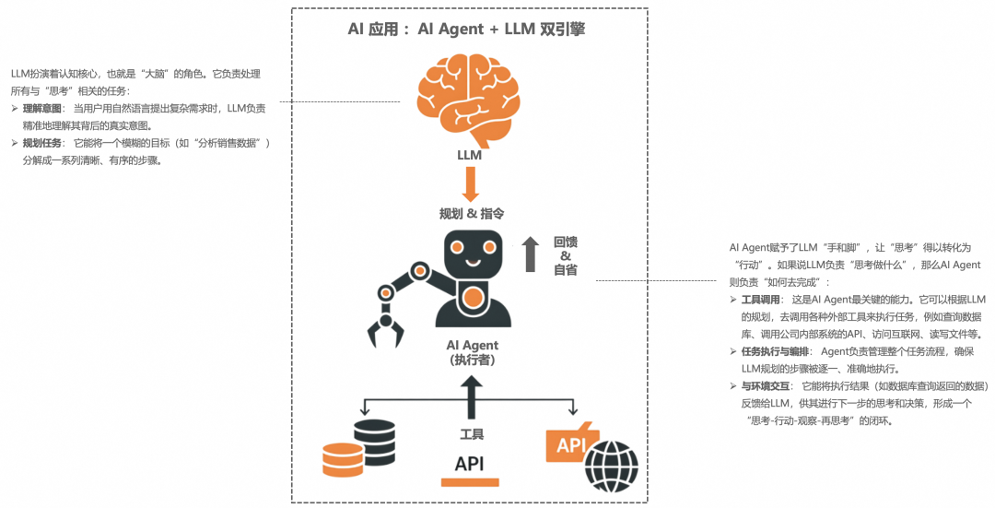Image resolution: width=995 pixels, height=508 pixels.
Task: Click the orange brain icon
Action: point(469,96)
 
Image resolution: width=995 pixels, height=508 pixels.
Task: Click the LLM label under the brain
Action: point(469,155)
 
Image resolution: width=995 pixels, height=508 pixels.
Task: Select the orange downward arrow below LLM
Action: point(470,183)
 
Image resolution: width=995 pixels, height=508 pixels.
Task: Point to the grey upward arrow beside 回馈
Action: point(531,254)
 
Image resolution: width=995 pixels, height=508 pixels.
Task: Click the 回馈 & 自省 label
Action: point(566,255)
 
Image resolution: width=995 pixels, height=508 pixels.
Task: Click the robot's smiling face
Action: point(474,254)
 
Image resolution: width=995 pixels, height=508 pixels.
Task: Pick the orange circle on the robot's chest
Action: point(474,298)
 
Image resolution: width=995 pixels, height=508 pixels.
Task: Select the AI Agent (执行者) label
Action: point(472,352)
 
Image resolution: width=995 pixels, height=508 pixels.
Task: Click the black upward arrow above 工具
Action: point(472,396)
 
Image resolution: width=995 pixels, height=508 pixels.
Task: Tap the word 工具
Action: point(472,434)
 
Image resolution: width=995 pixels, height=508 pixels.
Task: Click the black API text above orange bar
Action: point(470,464)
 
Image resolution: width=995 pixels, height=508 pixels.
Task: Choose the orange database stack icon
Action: point(343,459)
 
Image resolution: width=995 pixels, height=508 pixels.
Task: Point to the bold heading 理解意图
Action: point(41,108)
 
